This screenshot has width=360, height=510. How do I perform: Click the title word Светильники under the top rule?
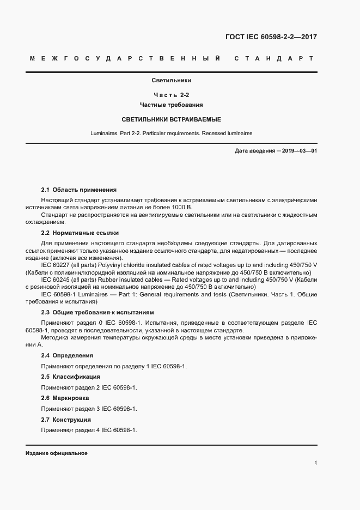tap(172, 80)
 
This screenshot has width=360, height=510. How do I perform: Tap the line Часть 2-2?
tap(172, 95)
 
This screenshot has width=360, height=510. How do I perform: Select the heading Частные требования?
tap(172, 104)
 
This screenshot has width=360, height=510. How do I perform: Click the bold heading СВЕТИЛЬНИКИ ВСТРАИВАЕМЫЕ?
tap(172, 119)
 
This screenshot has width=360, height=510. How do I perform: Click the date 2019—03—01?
tap(298, 150)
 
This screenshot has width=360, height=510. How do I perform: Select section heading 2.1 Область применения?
tap(79, 190)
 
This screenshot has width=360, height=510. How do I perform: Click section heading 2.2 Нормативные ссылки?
tap(80, 233)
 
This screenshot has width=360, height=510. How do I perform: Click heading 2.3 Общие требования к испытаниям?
tap(97, 313)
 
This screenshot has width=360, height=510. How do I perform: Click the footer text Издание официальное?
tap(56, 453)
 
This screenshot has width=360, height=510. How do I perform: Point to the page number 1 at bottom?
tap(315, 463)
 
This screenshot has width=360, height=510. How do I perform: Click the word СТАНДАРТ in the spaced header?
tap(273, 58)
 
